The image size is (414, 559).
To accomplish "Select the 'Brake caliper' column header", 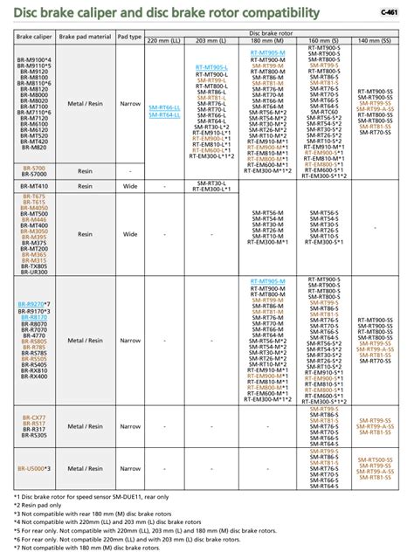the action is click(x=35, y=36).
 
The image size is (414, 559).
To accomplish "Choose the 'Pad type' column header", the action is click(x=130, y=36).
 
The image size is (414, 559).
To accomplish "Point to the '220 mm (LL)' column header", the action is click(x=165, y=41).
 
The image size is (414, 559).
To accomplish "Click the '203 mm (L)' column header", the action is click(x=212, y=41).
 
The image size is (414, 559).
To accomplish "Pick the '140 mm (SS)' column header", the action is click(x=376, y=41).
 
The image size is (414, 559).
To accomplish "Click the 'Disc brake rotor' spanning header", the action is click(x=269, y=31).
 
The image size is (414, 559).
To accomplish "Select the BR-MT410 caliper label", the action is click(x=34, y=186).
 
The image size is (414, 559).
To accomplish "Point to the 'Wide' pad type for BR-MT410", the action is click(x=130, y=186).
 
